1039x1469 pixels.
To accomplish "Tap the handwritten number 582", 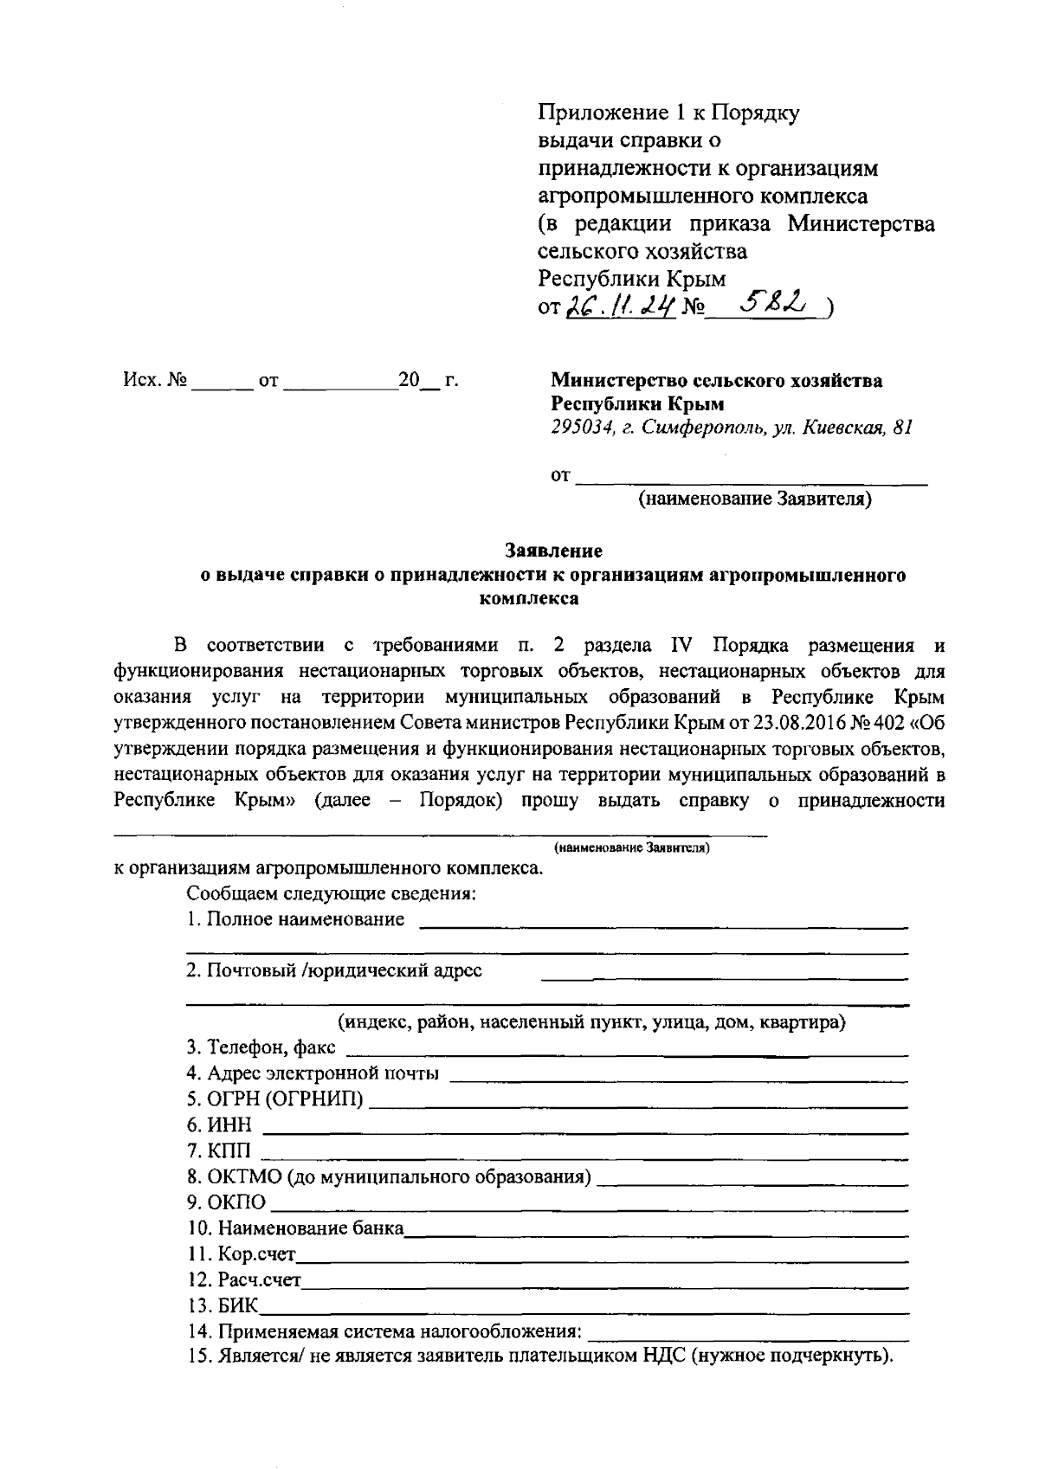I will (777, 303).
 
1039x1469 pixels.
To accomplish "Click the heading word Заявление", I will (553, 551).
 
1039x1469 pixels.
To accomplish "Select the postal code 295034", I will (579, 428).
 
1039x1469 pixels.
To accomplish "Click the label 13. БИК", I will (223, 1305).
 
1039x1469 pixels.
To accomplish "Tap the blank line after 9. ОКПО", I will (589, 1204).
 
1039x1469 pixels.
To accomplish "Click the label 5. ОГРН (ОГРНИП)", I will (275, 1100).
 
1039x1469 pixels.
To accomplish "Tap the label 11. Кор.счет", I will (242, 1254).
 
